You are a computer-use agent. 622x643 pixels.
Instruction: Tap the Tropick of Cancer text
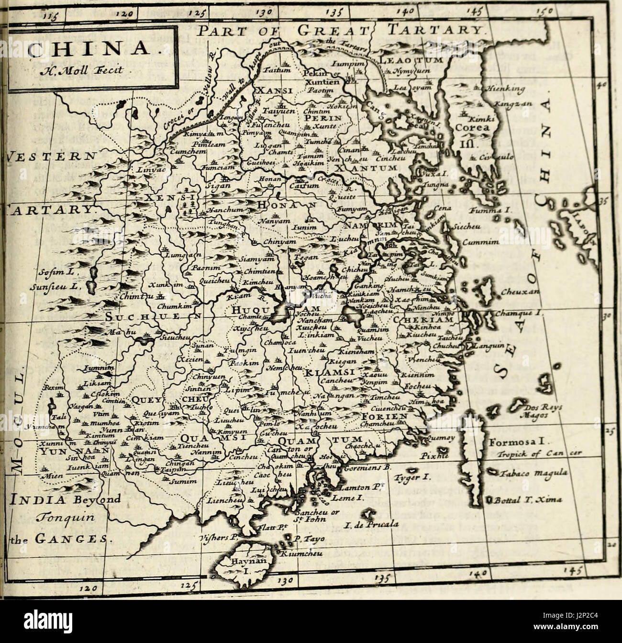(x=537, y=454)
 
